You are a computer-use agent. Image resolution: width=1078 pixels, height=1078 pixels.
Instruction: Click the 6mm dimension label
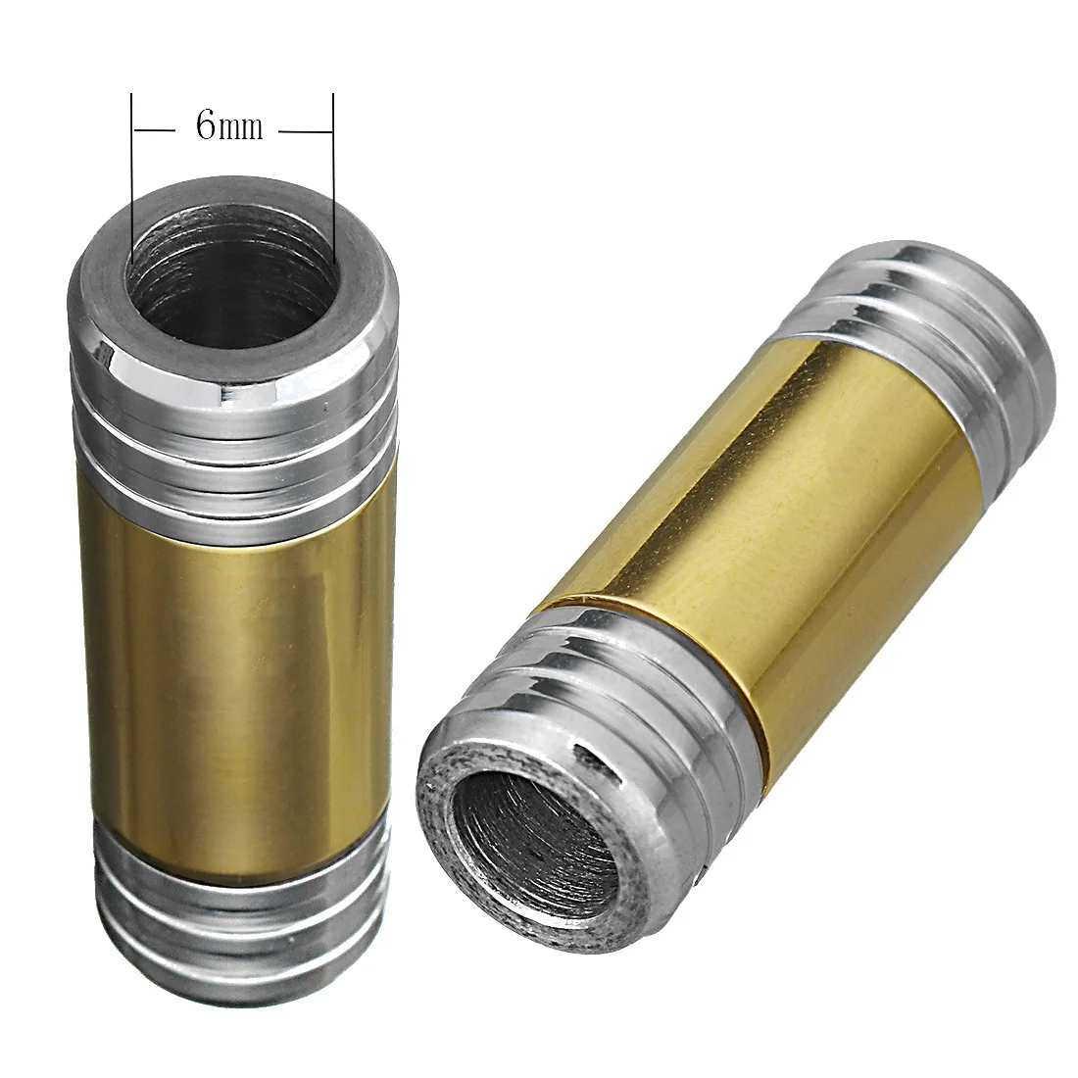(229, 125)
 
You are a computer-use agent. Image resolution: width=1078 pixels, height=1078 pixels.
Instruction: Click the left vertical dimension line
(131, 176)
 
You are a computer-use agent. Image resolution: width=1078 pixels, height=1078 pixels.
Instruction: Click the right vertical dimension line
(334, 176)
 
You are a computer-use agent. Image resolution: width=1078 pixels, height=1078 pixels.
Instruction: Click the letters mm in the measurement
(242, 128)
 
